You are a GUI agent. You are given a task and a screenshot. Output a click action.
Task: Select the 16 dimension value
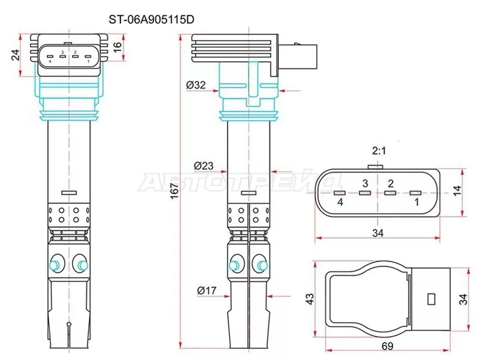tap(118, 46)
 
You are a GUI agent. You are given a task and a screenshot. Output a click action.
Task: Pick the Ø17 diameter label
tap(206, 291)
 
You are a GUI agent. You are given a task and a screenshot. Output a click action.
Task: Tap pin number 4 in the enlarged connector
tap(340, 203)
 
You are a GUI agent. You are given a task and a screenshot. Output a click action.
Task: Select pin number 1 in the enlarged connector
tap(414, 203)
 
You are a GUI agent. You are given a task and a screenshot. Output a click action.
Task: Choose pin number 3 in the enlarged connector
tap(364, 183)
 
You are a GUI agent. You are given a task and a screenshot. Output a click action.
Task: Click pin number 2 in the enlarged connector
tap(391, 183)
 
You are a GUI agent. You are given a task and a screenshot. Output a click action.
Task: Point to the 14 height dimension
tap(458, 190)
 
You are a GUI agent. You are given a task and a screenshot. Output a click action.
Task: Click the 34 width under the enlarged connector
tap(378, 233)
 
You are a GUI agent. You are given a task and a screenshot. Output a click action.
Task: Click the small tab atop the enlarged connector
tap(376, 167)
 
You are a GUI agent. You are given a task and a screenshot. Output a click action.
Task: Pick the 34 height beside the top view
tap(464, 298)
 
